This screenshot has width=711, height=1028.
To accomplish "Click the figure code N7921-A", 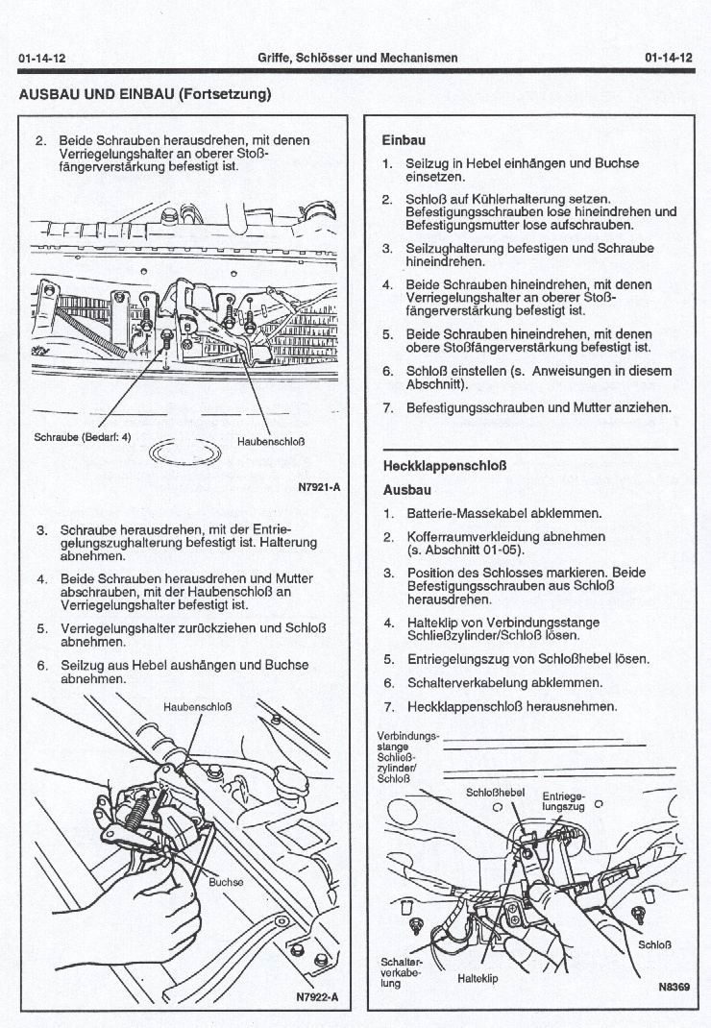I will tap(320, 487).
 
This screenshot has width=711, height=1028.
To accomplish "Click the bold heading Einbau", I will tap(405, 138).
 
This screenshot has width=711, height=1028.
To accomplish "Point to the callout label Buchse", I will tap(227, 881).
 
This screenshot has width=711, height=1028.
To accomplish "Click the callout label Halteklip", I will tap(478, 979).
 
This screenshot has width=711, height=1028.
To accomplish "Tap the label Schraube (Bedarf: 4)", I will tap(82, 435).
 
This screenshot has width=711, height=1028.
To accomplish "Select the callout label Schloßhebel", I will tap(495, 793).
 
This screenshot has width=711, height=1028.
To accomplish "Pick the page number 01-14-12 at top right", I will tap(669, 59).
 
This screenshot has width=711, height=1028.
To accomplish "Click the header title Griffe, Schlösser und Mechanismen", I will tap(357, 59).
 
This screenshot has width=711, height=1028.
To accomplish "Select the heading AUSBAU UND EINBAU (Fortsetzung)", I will tap(145, 94).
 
